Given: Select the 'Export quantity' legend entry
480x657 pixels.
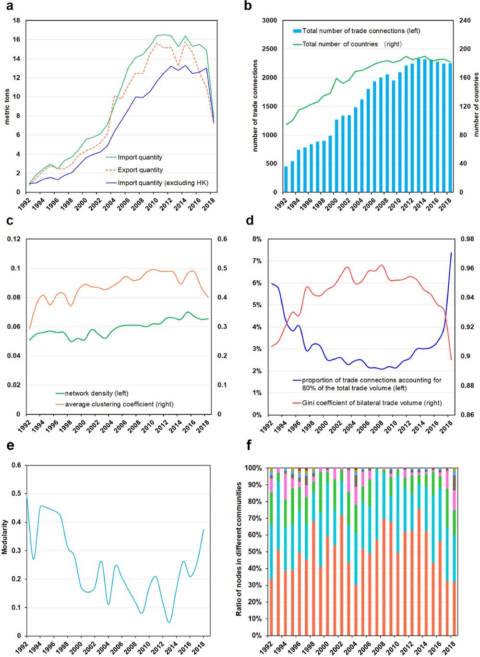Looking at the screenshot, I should (x=140, y=170).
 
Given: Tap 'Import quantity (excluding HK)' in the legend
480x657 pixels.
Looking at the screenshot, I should (x=163, y=183).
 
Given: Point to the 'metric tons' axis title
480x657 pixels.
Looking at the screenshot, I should (x=7, y=107).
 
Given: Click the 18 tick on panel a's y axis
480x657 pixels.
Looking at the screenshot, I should (x=16, y=21).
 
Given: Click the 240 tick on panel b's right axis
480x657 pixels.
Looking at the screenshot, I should (x=465, y=21).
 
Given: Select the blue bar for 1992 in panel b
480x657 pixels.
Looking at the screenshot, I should (x=286, y=179).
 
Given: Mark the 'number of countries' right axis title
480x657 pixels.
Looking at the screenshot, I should (x=476, y=105).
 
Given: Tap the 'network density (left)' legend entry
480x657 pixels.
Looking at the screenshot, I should (x=96, y=394).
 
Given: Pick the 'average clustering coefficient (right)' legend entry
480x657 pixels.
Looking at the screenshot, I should (x=119, y=404).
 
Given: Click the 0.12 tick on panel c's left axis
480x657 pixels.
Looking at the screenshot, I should (x=14, y=239).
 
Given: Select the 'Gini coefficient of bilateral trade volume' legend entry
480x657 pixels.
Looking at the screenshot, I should (x=372, y=403).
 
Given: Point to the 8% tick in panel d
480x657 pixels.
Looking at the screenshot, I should (x=257, y=239).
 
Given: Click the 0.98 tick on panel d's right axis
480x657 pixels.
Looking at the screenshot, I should (x=467, y=239).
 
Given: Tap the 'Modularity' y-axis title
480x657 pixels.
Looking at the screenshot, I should (x=5, y=537).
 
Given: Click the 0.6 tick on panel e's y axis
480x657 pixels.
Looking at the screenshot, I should (x=16, y=465).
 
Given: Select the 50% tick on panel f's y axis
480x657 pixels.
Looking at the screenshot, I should (x=253, y=552).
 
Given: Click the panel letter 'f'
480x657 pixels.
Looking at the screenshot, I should (x=249, y=445).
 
